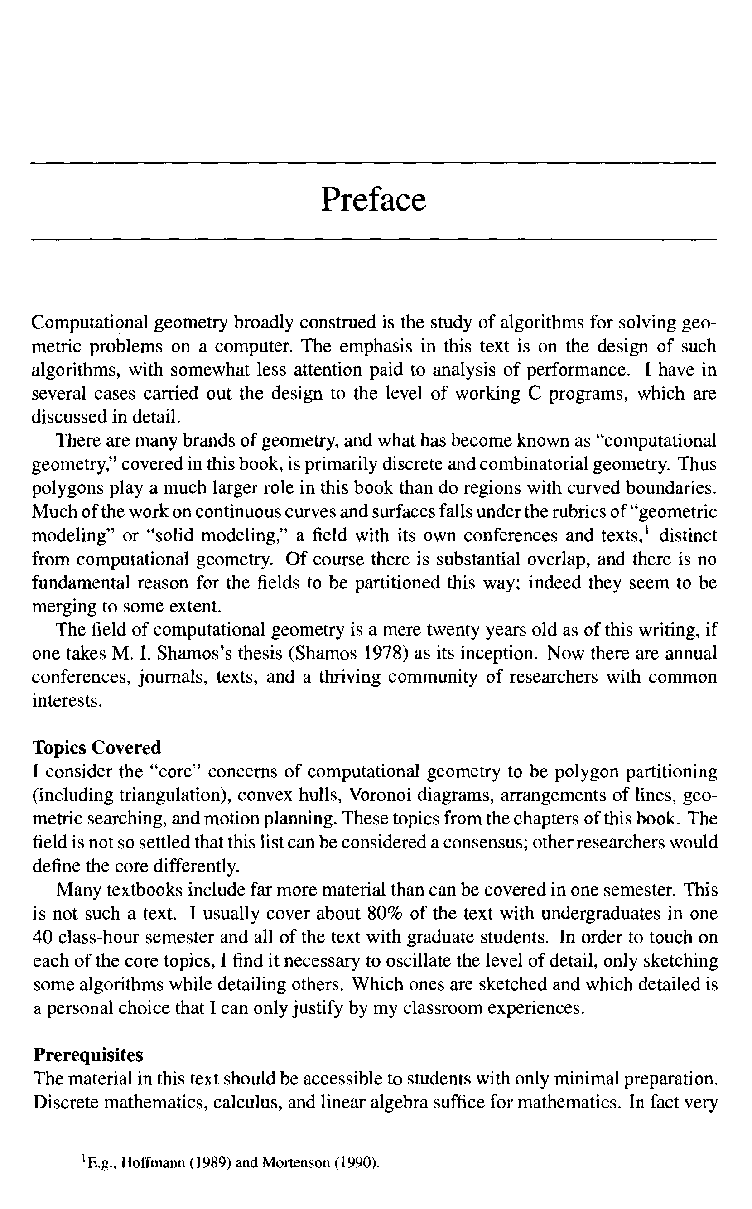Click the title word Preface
point(374,200)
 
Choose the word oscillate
point(417,961)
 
